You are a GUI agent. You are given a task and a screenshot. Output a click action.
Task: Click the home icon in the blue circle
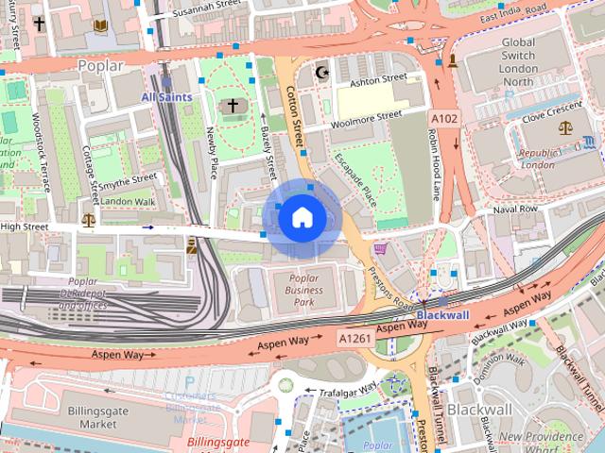(302, 218)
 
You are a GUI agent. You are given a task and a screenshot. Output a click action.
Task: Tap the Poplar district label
(101, 66)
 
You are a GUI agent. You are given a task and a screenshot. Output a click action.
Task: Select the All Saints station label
(166, 97)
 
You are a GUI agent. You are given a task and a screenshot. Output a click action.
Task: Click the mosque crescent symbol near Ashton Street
(323, 71)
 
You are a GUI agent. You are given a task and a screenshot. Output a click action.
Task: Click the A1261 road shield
(353, 338)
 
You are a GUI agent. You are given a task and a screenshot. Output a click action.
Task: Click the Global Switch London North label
(531, 62)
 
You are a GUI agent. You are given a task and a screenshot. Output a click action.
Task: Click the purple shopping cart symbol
(381, 249)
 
